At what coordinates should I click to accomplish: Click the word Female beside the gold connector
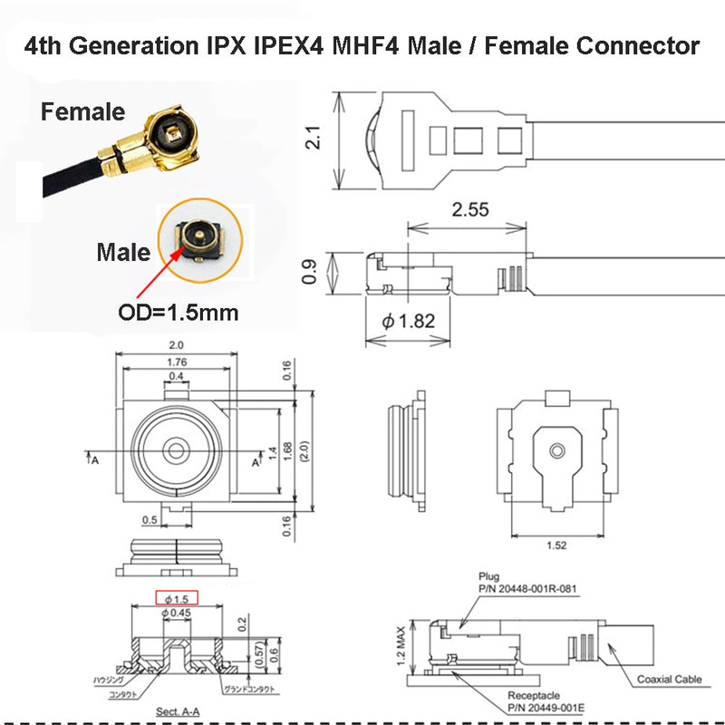pyautogui.click(x=82, y=112)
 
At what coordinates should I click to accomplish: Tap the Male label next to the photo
pyautogui.click(x=123, y=251)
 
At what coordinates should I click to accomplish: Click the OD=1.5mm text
pyautogui.click(x=179, y=314)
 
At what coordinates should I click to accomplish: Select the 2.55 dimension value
pyautogui.click(x=470, y=209)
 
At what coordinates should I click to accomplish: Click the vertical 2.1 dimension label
pyautogui.click(x=313, y=139)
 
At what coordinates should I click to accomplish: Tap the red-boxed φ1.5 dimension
pyautogui.click(x=179, y=598)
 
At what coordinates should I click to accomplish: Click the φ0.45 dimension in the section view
pyautogui.click(x=179, y=614)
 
